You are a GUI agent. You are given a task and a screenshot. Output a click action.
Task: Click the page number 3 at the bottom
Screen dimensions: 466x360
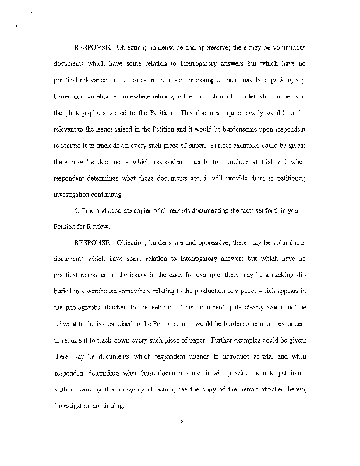182,432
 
